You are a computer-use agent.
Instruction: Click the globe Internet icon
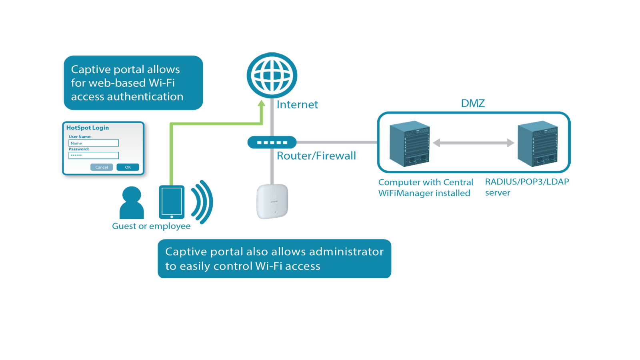point(272,75)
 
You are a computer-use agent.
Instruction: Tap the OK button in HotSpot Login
point(128,167)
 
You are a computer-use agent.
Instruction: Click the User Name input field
point(94,143)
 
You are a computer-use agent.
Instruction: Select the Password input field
point(94,156)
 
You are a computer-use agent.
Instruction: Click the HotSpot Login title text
point(88,128)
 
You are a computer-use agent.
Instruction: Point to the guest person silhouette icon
point(132,202)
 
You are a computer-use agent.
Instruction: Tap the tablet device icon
point(172,202)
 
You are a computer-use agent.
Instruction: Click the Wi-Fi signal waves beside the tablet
point(203,202)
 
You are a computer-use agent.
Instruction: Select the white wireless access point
point(272,201)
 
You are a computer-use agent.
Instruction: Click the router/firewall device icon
point(272,142)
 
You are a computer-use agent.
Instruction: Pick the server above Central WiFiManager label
point(410,144)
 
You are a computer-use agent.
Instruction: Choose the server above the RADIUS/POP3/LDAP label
point(537,144)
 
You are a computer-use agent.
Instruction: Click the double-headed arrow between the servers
point(473,143)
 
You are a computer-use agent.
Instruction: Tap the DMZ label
point(473,104)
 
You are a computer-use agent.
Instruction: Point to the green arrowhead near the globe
point(262,104)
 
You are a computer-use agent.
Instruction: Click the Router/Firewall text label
point(316,156)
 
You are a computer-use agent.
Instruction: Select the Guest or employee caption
point(151,226)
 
